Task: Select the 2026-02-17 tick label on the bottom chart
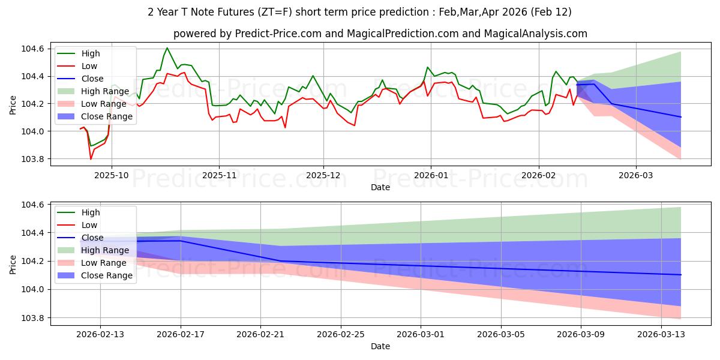coord(181,335)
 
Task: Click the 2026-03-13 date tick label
coord(661,335)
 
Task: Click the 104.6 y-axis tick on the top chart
coord(35,49)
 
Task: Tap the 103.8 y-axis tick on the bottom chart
coord(35,318)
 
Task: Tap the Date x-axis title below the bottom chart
coord(380,346)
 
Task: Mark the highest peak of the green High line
coord(167,48)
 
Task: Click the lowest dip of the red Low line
coord(91,159)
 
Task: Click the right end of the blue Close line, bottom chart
coord(680,274)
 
